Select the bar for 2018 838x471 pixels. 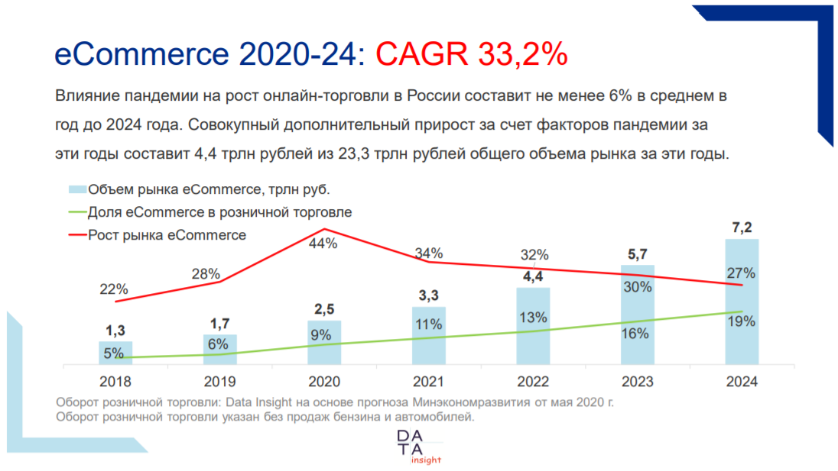pos(115,353)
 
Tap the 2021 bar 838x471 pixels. pos(428,336)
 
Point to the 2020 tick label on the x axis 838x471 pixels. pos(324,382)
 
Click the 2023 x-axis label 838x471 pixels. pos(637,382)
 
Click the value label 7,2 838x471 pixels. pos(742,227)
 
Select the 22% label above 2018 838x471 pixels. pos(113,289)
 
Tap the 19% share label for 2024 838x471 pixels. pos(741,321)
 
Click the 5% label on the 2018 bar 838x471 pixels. pos(114,353)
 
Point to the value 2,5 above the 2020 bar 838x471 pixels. pos(324,309)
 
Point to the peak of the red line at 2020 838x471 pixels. pos(325,228)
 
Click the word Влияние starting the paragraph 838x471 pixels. pos(85,97)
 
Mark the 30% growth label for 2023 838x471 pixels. pos(637,287)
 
